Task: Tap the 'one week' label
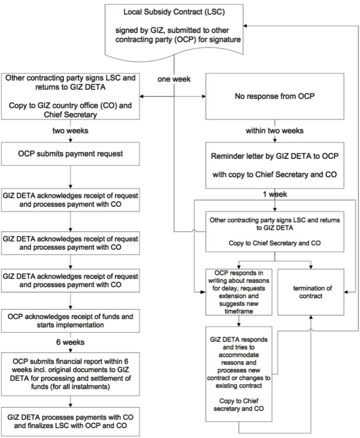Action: pyautogui.click(x=173, y=79)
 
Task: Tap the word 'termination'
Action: pyautogui.click(x=303, y=286)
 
